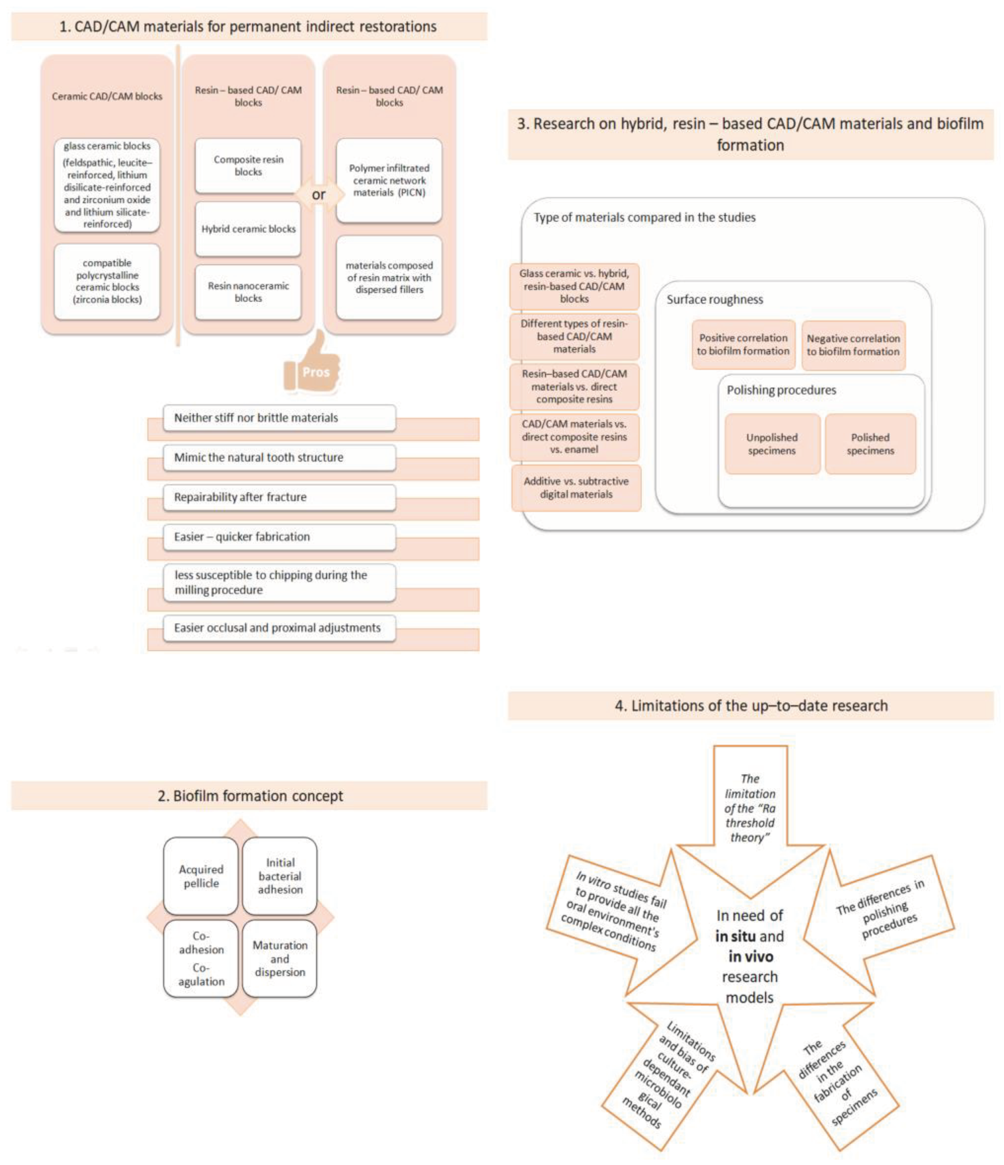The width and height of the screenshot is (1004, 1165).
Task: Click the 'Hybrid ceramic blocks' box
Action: (248, 229)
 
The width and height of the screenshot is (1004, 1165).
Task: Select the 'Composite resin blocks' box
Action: (248, 166)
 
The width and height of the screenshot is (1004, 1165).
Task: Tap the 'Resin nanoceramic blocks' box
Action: (248, 292)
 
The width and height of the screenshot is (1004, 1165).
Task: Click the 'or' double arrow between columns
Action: (319, 195)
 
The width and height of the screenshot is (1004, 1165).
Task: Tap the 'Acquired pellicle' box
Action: (201, 876)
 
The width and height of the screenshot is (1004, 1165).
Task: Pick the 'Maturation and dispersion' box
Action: (279, 959)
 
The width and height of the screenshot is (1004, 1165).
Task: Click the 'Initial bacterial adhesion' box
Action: (279, 876)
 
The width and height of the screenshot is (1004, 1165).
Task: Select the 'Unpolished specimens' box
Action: (772, 444)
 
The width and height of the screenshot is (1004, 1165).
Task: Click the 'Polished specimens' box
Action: (870, 444)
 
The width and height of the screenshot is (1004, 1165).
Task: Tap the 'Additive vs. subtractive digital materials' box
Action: (576, 487)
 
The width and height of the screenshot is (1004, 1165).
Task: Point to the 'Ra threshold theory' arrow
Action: (750, 810)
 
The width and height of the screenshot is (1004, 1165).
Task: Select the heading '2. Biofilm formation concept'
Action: (249, 796)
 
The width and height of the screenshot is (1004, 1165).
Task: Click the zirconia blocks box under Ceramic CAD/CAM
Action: (107, 281)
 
